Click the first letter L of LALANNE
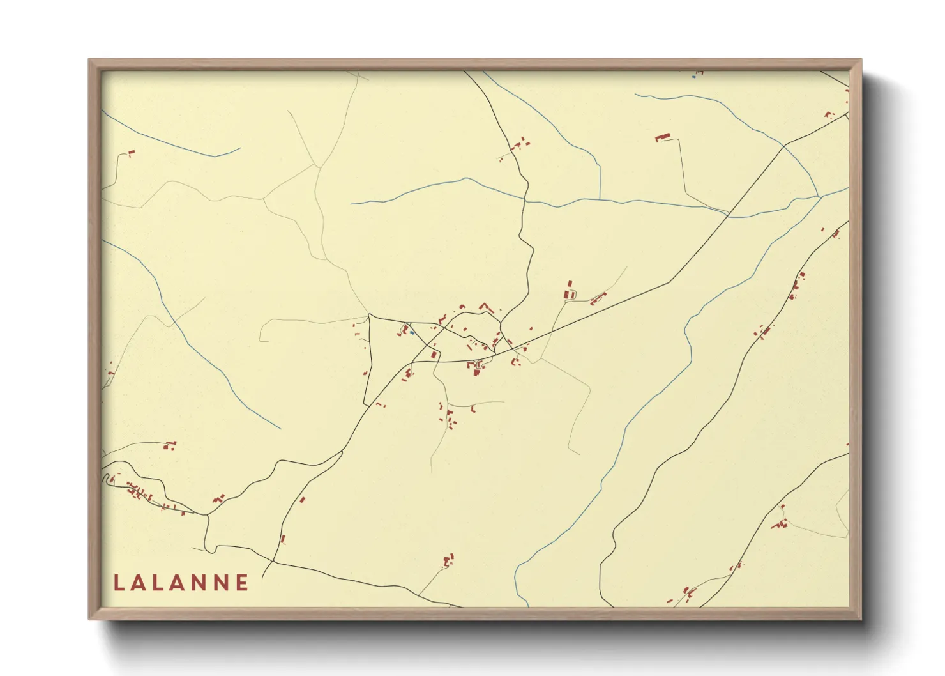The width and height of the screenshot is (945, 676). pos(119,583)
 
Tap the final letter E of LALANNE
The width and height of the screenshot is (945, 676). pos(242,583)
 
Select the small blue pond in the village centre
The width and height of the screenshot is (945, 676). pos(412,332)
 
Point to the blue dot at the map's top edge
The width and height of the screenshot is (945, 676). pos(693,77)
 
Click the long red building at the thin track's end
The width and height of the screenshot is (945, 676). pos(663,137)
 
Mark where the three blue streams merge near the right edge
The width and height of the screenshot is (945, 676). pos(820,197)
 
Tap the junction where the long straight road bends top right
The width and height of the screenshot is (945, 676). pos(784,146)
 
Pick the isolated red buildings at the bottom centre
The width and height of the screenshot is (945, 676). pos(448,561)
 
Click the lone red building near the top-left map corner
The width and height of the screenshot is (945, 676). pos(131,153)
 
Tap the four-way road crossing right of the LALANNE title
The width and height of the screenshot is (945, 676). pos(274,561)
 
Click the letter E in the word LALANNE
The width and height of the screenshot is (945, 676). pos(242,583)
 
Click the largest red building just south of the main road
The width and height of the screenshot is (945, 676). pos(476,368)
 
